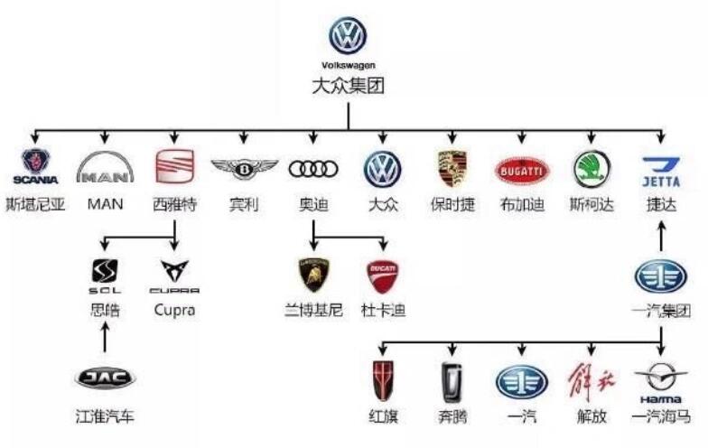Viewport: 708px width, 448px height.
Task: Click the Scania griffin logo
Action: tap(35, 168)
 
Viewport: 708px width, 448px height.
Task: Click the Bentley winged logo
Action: tap(244, 169)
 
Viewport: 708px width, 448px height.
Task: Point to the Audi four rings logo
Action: tap(313, 169)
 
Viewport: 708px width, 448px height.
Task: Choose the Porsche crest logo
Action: tap(452, 169)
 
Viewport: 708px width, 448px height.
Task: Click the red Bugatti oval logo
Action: tap(522, 169)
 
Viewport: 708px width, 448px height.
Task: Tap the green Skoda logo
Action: tap(592, 169)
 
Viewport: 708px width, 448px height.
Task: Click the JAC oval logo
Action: tap(105, 378)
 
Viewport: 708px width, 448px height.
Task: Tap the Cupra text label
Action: tap(174, 311)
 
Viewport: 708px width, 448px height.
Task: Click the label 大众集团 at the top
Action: tap(348, 88)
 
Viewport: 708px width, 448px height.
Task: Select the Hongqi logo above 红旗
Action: tap(383, 380)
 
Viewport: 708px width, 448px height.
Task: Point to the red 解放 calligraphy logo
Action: tap(592, 380)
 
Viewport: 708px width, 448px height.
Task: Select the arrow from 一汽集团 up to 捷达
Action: tap(661, 236)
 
